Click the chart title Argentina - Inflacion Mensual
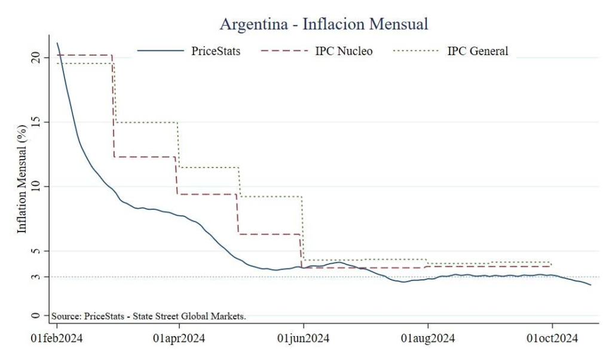324,25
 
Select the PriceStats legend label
216,51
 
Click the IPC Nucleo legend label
344,51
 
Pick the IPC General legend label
478,51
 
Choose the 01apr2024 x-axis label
179,339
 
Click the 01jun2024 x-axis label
304,339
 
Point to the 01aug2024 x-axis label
428,339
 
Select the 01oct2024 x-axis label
552,339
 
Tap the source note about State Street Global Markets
149,316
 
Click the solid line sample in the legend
160,51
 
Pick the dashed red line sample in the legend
284,51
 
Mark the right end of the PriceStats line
590,285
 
